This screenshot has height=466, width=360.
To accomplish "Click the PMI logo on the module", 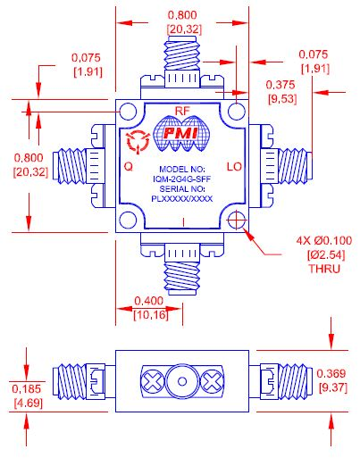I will [182, 133].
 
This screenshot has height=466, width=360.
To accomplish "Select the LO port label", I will [234, 166].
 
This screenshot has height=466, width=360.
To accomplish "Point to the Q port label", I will [130, 166].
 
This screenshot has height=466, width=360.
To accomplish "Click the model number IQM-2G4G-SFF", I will [181, 179].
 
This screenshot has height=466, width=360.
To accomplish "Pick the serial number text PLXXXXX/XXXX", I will [181, 198].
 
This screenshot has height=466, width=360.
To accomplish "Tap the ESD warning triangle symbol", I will [138, 138].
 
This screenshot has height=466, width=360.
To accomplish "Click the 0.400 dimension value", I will [147, 302].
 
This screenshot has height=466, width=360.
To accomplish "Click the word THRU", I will [322, 269].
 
